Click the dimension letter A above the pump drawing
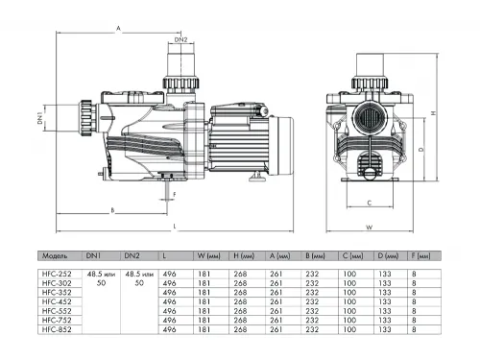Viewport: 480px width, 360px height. point(117,31)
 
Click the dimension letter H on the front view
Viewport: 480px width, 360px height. point(433,113)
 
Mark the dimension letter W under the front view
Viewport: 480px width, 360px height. point(369,228)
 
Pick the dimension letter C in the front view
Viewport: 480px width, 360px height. point(369,203)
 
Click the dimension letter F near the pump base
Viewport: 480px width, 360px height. point(174,193)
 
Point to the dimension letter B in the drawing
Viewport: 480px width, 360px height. point(112,209)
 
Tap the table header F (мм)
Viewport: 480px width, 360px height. point(420,257)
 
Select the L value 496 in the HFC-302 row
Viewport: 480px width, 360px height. point(170,284)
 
